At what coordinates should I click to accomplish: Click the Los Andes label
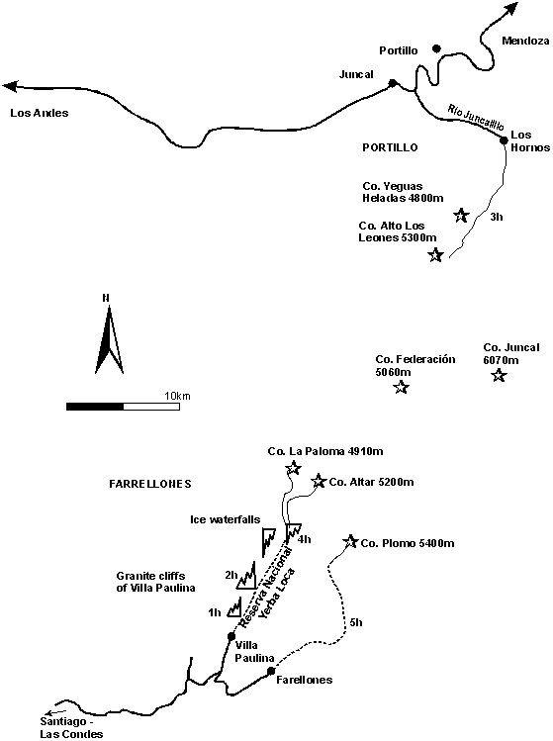pos(40,113)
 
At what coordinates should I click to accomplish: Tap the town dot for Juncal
pos(393,83)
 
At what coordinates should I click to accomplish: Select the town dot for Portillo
pos(436,48)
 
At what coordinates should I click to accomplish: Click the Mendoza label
pos(525,41)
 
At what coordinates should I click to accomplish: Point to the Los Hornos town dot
pos(504,139)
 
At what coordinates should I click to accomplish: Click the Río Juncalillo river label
pos(476,117)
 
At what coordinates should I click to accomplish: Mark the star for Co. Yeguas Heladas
pos(461,216)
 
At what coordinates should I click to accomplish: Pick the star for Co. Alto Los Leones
pos(436,254)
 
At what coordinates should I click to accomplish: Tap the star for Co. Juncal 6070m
pos(500,376)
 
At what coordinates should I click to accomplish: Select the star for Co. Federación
pos(402,388)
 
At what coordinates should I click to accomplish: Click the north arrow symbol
pos(109,338)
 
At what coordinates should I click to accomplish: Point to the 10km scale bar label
pos(177,396)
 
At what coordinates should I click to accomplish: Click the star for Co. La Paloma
pos(294,468)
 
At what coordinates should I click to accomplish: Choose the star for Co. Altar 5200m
pos(319,481)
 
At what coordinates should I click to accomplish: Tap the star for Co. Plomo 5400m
pos(351,541)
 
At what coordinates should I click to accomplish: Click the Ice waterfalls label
pos(225,519)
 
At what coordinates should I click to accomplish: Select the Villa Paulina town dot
pos(231,636)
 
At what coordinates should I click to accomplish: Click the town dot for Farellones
pos(271,671)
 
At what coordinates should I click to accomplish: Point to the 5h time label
pos(356,622)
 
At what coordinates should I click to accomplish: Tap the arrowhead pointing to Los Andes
pos(10,86)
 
